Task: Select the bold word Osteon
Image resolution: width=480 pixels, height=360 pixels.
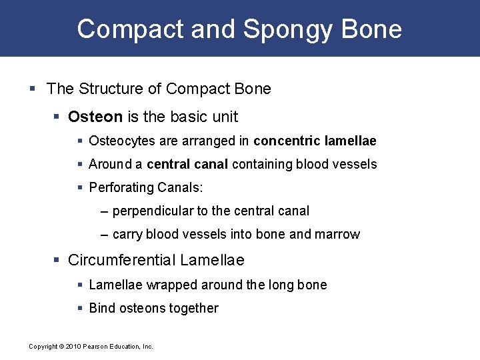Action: coord(95,117)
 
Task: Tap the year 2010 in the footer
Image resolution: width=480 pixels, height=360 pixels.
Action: coord(71,347)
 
